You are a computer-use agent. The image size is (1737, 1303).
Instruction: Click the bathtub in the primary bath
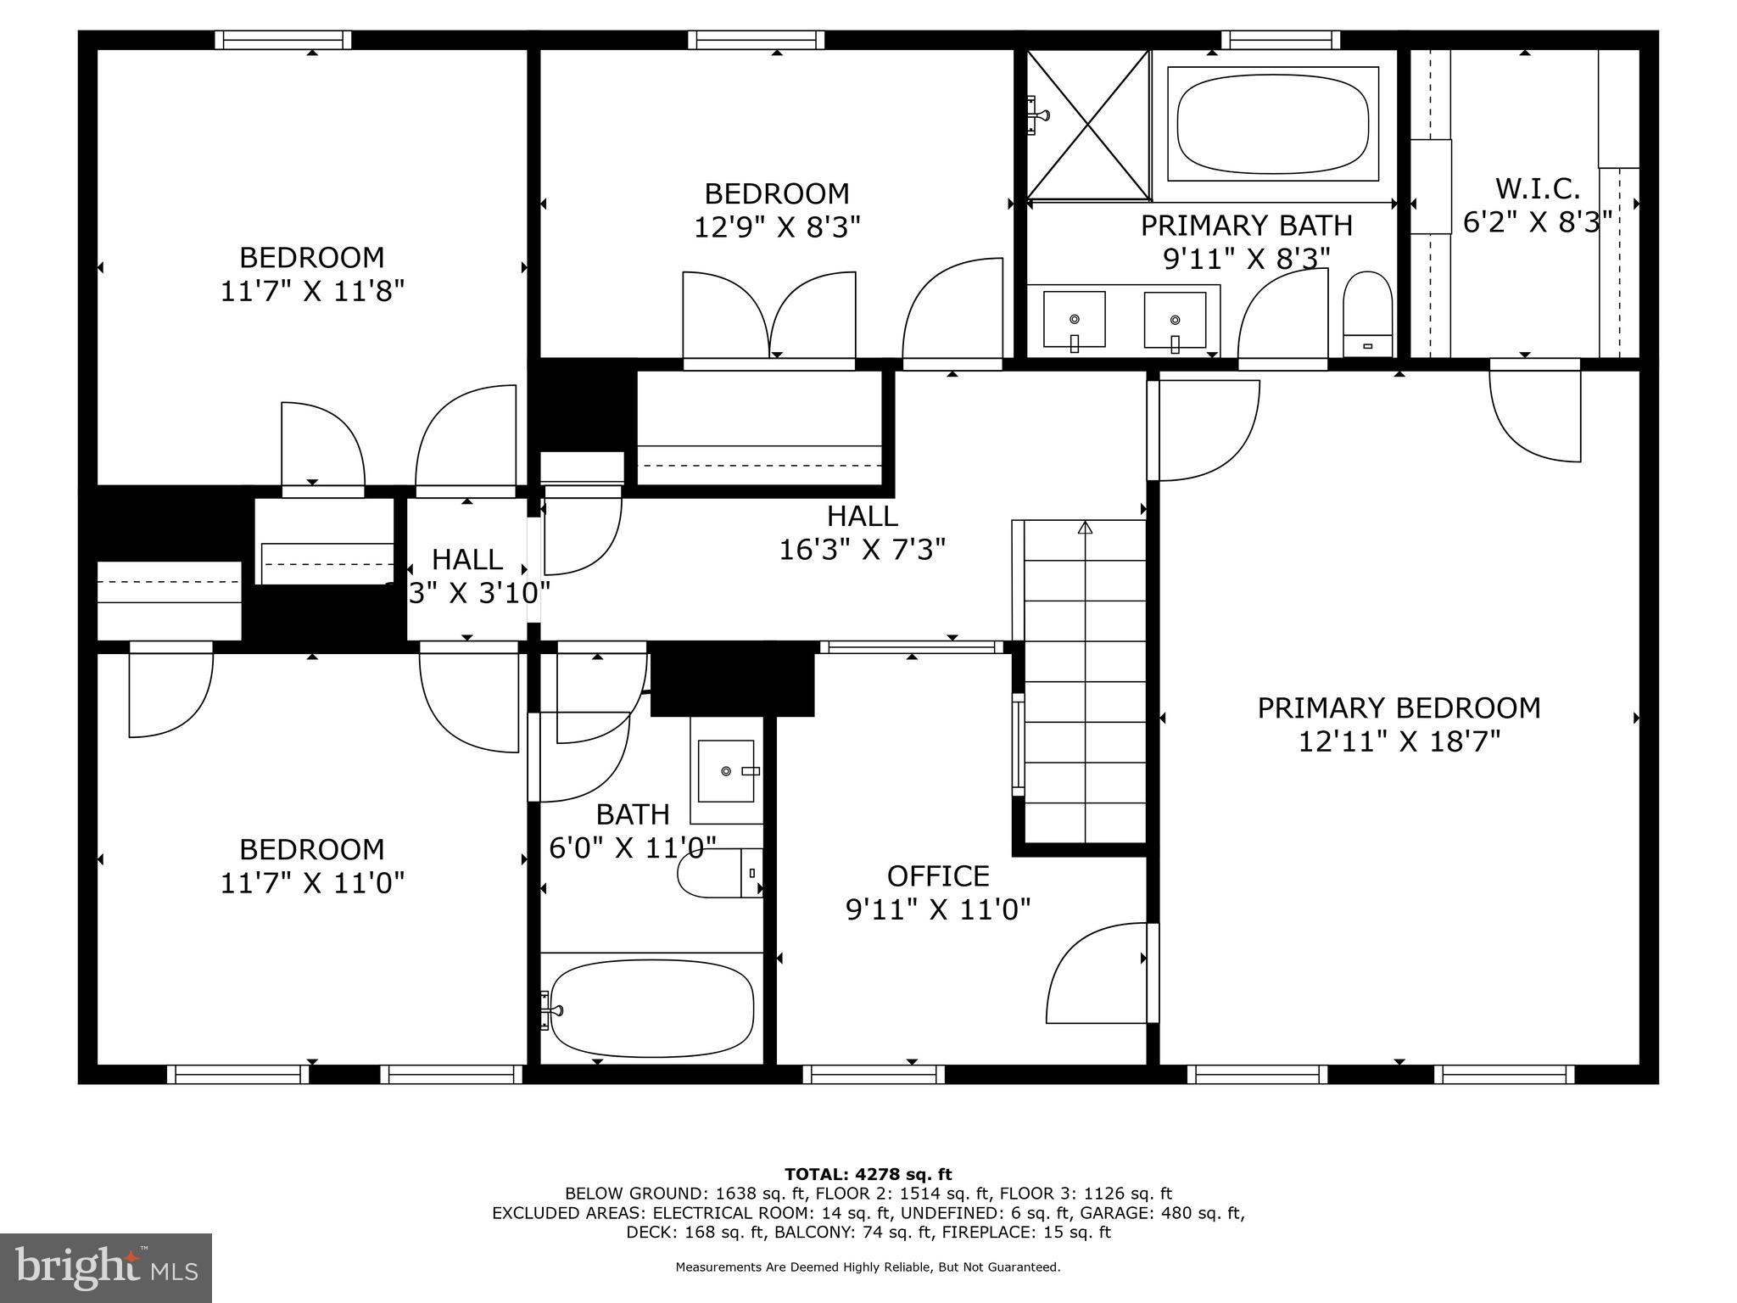click(x=1272, y=123)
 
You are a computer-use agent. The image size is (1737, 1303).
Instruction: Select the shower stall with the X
click(x=1088, y=125)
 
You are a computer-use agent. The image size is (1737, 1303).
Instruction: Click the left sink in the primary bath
click(x=1074, y=320)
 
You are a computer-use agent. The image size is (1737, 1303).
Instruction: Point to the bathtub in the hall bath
click(x=651, y=1008)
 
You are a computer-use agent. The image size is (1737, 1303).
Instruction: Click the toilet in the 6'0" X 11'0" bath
click(x=719, y=873)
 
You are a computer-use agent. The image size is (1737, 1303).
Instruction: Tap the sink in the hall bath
click(x=726, y=770)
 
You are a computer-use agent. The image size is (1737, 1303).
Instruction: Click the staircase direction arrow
click(x=1085, y=528)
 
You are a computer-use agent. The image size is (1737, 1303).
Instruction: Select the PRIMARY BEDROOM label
click(x=1399, y=707)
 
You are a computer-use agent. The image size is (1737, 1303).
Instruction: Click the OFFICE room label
click(x=938, y=875)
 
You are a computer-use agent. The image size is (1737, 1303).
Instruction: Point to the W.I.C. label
click(x=1537, y=188)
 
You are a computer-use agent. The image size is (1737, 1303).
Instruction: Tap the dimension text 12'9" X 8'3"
click(x=777, y=227)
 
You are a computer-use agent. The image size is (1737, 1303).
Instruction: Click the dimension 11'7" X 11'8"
click(x=312, y=291)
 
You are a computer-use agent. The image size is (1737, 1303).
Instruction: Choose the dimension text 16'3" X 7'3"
click(x=862, y=550)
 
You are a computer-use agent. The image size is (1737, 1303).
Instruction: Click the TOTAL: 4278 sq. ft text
click(x=868, y=1174)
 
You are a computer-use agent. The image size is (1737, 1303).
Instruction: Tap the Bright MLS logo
click(x=106, y=1267)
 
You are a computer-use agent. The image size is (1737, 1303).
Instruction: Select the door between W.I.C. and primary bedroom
click(x=1536, y=412)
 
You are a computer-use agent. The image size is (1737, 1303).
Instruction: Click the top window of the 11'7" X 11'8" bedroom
click(x=282, y=40)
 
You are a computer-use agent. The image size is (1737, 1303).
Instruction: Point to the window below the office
click(x=874, y=1074)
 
